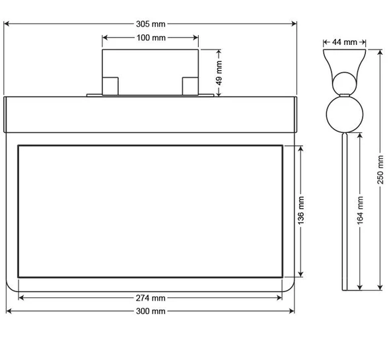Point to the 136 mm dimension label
(301, 211)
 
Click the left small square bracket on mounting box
(110, 85)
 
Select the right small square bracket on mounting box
(190, 85)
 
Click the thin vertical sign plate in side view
(344, 211)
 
